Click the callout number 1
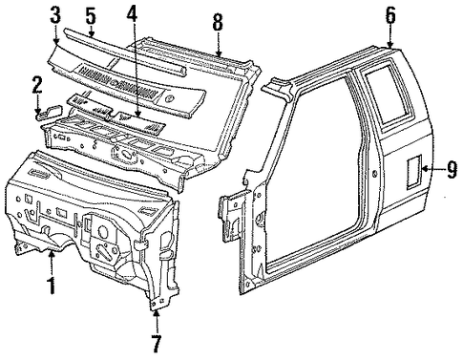[52, 286]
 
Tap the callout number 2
[37, 85]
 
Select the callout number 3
[55, 16]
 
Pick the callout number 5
[91, 16]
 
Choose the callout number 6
[390, 15]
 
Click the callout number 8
[218, 23]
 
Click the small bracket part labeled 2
[51, 112]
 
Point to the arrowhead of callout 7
[157, 313]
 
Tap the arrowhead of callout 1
[52, 253]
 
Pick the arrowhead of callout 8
[218, 53]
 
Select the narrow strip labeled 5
[125, 53]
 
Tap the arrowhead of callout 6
[390, 45]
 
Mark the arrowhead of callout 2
[37, 111]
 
